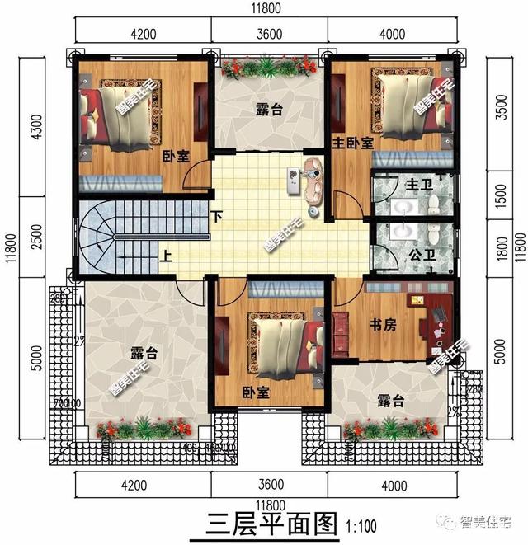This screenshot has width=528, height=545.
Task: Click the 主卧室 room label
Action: [352, 143]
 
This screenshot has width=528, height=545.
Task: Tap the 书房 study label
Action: [384, 325]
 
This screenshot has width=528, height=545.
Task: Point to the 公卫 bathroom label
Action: [422, 255]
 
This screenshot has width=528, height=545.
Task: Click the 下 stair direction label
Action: [216, 218]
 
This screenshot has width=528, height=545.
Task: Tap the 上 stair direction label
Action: [166, 255]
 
